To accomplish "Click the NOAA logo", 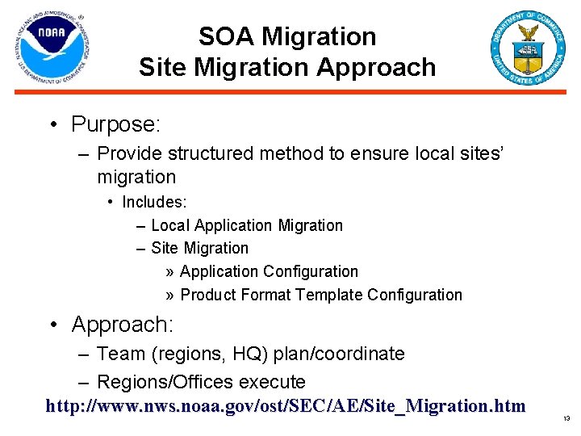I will (x=50, y=50).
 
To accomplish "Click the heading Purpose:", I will (x=116, y=124).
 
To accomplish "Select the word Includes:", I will (x=154, y=201).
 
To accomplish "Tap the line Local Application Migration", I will (x=246, y=225).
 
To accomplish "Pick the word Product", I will (x=209, y=295).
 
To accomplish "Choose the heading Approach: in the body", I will (x=122, y=325).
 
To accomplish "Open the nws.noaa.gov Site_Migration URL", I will (x=286, y=405).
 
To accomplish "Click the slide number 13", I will (x=566, y=419).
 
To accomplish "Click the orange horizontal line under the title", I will (x=290, y=93).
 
